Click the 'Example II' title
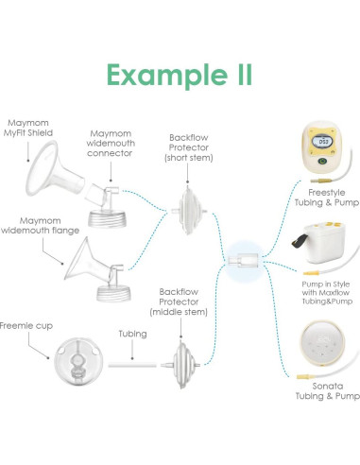tap(180, 76)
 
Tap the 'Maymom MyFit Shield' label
tap(28, 128)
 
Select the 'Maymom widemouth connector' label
tap(111, 144)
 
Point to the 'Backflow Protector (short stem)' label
tap(189, 147)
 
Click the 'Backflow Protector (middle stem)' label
tap(179, 301)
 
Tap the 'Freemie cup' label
tap(26, 325)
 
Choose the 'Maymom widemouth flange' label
tap(40, 226)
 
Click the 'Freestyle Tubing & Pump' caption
tap(327, 198)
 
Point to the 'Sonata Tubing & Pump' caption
tap(328, 391)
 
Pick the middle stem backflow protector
tap(180, 365)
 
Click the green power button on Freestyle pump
tap(321, 162)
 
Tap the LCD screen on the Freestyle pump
tap(323, 142)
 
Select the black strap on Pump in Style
tap(300, 241)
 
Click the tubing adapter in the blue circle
tap(243, 261)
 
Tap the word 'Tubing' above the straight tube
tap(132, 334)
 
